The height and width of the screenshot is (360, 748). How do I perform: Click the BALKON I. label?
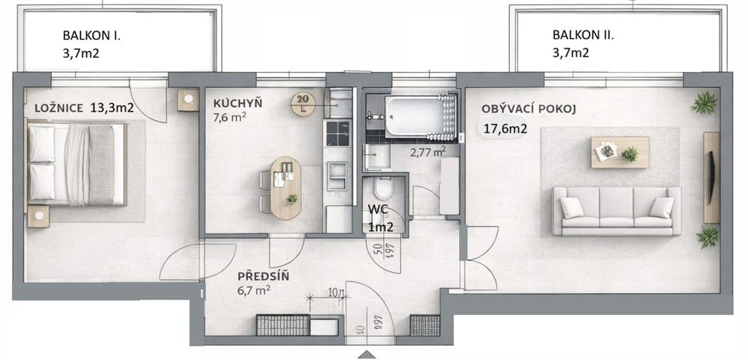tap(91, 36)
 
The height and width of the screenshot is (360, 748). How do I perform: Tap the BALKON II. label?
tap(583, 36)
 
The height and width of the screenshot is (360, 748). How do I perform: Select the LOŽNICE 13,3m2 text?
tap(84, 108)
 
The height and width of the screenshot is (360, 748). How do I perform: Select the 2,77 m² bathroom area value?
tap(427, 151)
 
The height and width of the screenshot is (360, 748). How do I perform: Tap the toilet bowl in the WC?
tap(382, 189)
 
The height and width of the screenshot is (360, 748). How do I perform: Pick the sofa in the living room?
tap(616, 211)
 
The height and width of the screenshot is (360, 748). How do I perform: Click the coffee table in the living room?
tap(619, 152)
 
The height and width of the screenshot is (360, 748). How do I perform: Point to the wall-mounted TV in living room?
tap(711, 176)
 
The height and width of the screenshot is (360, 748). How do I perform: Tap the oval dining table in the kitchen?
tap(285, 188)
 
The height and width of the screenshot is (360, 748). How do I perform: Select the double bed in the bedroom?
tap(77, 164)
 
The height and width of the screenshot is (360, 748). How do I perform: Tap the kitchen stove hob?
tap(338, 133)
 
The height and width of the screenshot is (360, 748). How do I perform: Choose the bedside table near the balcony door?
tap(188, 100)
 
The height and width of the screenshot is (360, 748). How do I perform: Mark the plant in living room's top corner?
tap(704, 103)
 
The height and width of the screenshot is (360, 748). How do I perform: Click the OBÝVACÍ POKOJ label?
tap(529, 108)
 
